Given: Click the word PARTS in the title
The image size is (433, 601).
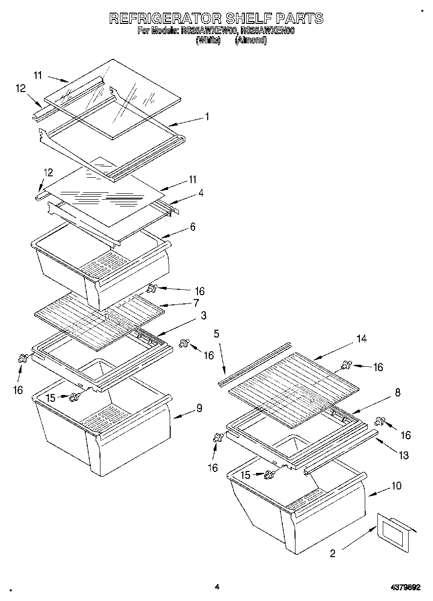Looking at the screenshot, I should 299,19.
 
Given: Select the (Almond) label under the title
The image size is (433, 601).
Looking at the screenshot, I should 251,41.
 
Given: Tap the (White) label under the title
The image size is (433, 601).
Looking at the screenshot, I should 208,41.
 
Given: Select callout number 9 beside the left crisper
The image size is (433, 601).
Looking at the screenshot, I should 199,408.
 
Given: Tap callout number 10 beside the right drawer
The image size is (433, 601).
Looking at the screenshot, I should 396,486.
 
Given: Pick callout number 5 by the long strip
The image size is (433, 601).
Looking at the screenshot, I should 216,334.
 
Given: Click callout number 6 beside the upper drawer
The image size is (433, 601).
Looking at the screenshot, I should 193,226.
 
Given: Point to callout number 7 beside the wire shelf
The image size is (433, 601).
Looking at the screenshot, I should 196,302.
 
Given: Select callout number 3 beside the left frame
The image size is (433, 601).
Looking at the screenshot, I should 203,316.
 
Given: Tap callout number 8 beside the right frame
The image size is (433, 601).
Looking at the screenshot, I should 398,393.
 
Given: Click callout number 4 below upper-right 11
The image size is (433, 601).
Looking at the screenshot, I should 200,193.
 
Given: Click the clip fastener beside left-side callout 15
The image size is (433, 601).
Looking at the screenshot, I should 75,397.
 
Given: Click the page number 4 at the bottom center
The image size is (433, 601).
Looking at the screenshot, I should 217,587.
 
